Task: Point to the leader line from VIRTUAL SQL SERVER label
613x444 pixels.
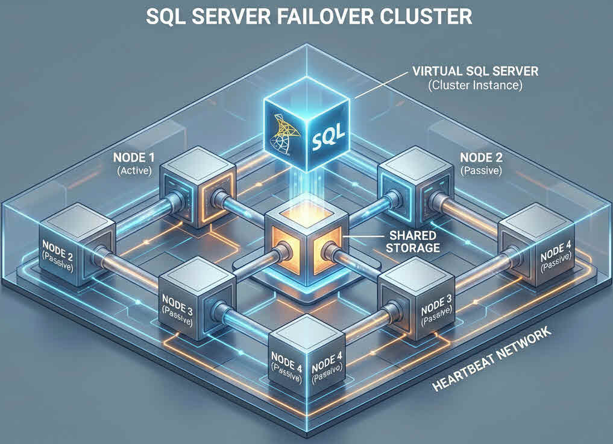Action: click(380, 84)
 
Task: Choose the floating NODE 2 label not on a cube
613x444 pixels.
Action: click(480, 158)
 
